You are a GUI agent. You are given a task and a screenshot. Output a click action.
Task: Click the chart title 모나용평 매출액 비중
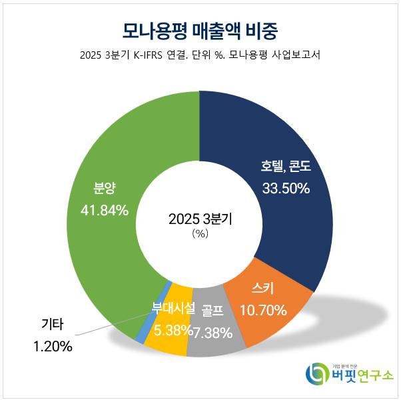[200, 30]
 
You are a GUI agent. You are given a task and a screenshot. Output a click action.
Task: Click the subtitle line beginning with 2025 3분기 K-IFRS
[200, 55]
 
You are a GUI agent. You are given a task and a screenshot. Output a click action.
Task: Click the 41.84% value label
[105, 211]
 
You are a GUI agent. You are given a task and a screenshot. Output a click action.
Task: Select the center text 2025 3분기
[200, 219]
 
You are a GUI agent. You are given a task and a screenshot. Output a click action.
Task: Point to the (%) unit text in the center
[200, 234]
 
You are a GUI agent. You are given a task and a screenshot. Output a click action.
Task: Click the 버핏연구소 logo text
[359, 377]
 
